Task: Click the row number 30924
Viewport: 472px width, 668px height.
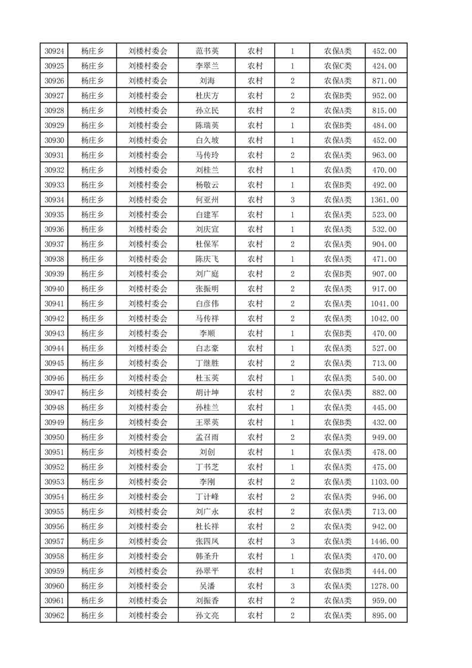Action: (54, 51)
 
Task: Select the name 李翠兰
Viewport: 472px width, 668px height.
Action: (207, 66)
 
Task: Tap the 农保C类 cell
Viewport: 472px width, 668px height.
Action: (337, 66)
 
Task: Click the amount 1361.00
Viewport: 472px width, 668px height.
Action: (384, 200)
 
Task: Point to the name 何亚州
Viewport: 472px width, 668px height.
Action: (207, 200)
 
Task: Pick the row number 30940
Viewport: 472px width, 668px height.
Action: (54, 289)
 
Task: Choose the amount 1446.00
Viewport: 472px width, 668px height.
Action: (384, 541)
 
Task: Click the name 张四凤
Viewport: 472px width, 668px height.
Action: (207, 541)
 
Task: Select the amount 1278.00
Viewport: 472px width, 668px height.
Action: (384, 586)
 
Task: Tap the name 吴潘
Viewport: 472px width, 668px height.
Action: (207, 586)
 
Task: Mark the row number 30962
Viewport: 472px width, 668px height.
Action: (54, 616)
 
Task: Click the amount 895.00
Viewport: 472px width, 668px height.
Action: (384, 616)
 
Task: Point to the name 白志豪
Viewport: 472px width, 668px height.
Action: (207, 348)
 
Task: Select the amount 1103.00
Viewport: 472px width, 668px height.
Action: (384, 482)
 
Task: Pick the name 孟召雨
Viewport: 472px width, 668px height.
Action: (207, 438)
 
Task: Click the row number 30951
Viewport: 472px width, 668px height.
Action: (54, 452)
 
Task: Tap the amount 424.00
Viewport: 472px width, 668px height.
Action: (384, 66)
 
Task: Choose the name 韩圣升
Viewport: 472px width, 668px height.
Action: (207, 556)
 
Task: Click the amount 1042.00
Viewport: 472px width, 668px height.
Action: (384, 319)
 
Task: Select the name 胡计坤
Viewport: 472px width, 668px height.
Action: (207, 393)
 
